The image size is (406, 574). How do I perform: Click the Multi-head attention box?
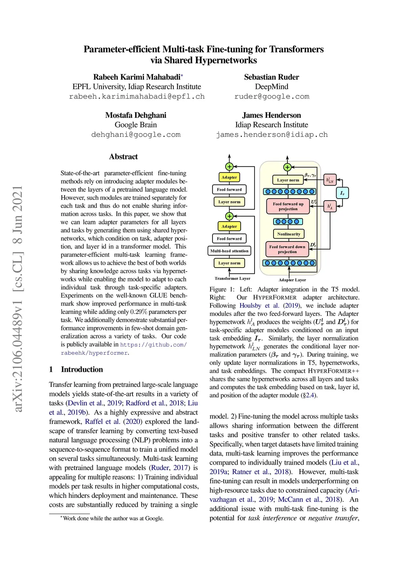click(229, 251)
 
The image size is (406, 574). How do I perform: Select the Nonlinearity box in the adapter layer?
click(289, 234)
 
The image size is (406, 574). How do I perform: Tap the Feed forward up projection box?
click(288, 206)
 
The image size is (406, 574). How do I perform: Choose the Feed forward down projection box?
click(287, 249)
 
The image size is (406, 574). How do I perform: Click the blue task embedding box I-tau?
click(342, 193)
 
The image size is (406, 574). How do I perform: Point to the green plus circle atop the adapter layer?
click(287, 167)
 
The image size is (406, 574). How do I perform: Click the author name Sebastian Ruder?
click(271, 77)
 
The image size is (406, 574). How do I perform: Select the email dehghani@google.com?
click(136, 134)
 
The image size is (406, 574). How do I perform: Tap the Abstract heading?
click(123, 157)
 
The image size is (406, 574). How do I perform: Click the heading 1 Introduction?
click(76, 369)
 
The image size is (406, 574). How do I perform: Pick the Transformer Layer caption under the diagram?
click(232, 278)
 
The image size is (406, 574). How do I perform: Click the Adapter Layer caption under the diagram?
click(292, 280)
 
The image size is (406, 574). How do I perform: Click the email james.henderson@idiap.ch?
click(272, 134)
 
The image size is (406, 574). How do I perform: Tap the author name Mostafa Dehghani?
click(136, 115)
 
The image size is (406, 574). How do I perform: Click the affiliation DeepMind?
click(271, 86)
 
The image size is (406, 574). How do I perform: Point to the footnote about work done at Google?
click(113, 518)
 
